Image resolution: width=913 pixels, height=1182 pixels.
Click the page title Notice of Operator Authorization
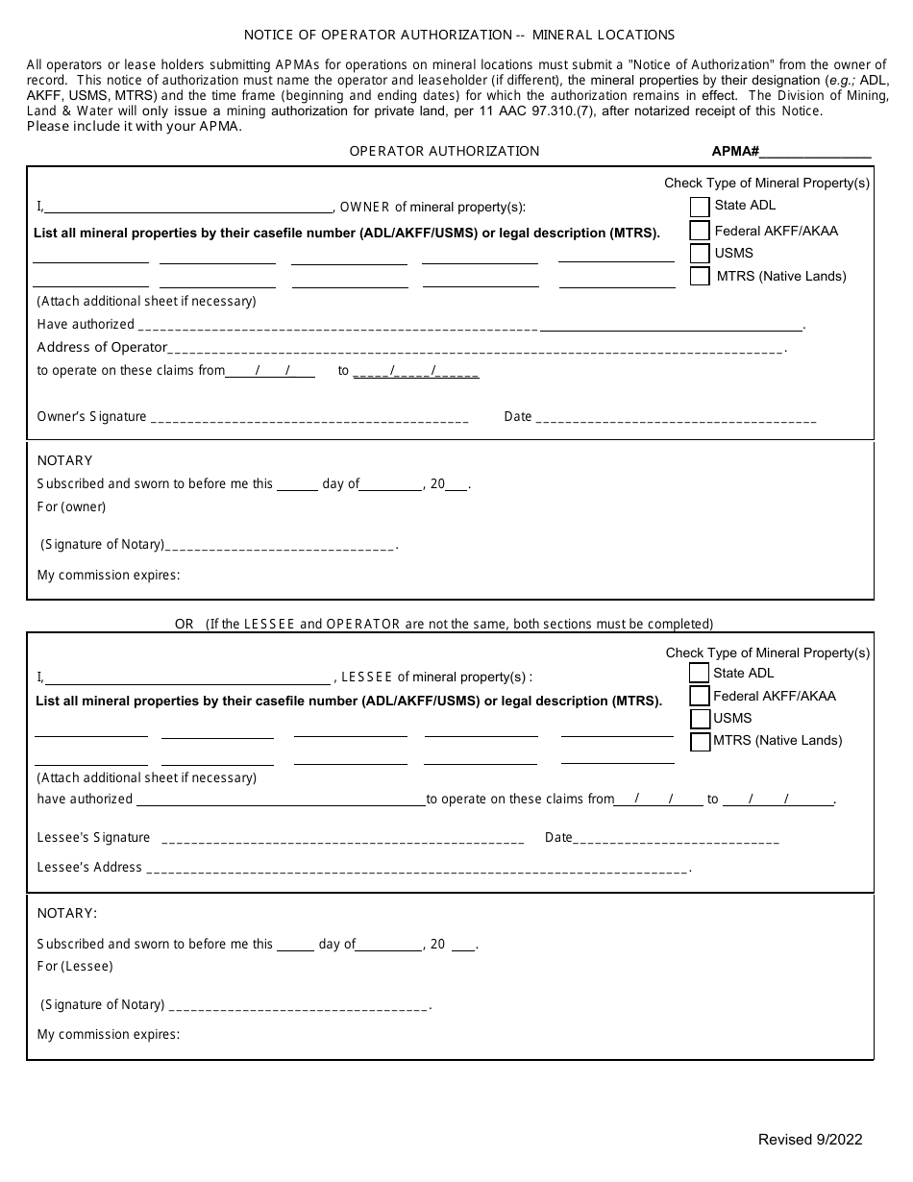(x=458, y=35)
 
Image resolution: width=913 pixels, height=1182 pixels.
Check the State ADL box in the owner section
(x=700, y=207)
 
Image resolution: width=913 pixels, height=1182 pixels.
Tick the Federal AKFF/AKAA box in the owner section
(x=700, y=231)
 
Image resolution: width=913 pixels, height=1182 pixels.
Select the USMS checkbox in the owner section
(x=700, y=254)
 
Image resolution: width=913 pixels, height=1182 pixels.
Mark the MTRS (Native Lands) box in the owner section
(x=700, y=277)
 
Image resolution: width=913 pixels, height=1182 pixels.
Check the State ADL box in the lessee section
(x=700, y=674)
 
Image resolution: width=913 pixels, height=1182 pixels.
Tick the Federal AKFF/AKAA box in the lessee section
(x=700, y=697)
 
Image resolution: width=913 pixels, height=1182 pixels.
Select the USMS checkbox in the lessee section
(x=700, y=719)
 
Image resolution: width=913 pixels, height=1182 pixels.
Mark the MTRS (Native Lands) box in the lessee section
(x=700, y=742)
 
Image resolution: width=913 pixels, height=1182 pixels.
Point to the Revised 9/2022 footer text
(x=810, y=1140)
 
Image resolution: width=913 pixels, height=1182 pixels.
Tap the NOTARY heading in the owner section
(x=64, y=460)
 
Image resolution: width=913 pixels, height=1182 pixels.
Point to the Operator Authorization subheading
(x=444, y=151)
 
